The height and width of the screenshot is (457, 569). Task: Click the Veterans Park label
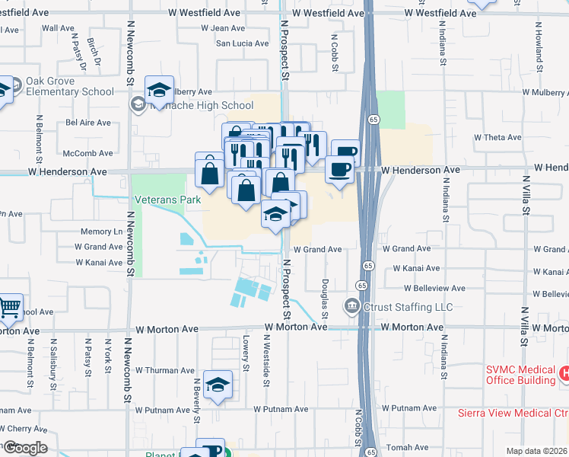point(168,200)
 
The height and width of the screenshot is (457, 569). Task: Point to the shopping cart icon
point(9,308)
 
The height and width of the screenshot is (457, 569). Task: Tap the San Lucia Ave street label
point(243,43)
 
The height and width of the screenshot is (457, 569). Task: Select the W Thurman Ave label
point(164,370)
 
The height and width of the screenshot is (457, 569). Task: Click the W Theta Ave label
point(497,138)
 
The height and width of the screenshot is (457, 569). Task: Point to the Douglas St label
point(325,293)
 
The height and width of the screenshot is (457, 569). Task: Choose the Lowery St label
point(246,350)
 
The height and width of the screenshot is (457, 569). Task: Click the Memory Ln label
point(101,231)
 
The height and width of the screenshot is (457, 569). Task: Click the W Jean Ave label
point(223,28)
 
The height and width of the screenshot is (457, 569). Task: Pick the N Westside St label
point(266,370)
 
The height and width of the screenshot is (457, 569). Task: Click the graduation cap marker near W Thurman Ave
point(218,385)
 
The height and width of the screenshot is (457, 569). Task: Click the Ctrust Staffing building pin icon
point(351,307)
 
